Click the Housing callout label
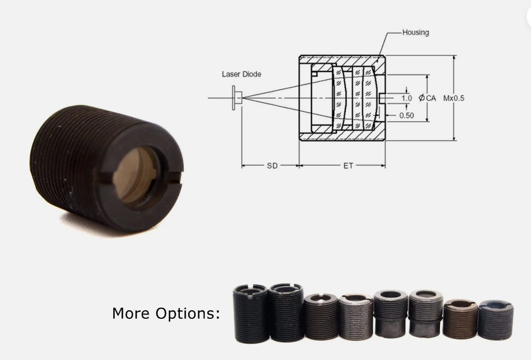pyautogui.click(x=415, y=32)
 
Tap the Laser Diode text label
pyautogui.click(x=241, y=74)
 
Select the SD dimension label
pyautogui.click(x=272, y=165)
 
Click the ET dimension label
pyautogui.click(x=347, y=165)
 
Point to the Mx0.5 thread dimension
pyautogui.click(x=453, y=98)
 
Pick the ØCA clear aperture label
pyautogui.click(x=427, y=98)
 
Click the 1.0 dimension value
pyautogui.click(x=406, y=98)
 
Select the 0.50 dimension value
pyautogui.click(x=406, y=115)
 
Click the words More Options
pyautogui.click(x=166, y=313)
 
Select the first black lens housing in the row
pyautogui.click(x=251, y=314)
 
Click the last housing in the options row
pyautogui.click(x=495, y=320)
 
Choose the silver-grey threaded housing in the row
pyautogui.click(x=356, y=317)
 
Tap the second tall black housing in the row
pyautogui.click(x=286, y=313)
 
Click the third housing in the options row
pyautogui.click(x=321, y=317)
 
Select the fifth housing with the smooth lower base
pyautogui.click(x=390, y=314)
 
